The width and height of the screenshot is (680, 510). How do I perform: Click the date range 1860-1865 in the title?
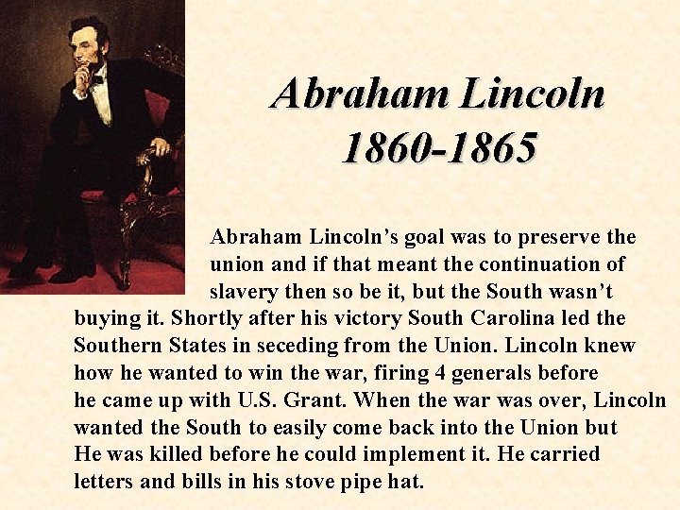tap(438, 147)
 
